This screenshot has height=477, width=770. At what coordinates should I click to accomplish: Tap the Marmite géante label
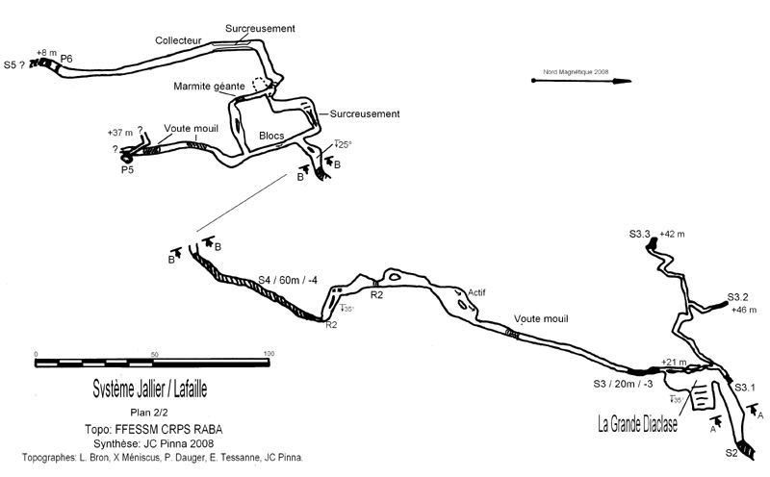click(x=209, y=86)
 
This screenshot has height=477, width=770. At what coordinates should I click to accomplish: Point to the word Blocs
click(x=271, y=136)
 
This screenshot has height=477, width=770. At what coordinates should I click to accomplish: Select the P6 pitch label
click(x=66, y=60)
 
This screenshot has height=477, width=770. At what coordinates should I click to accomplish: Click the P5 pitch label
click(x=127, y=170)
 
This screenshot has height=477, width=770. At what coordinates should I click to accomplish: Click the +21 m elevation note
click(x=675, y=362)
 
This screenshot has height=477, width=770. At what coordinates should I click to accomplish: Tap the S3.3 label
click(x=640, y=234)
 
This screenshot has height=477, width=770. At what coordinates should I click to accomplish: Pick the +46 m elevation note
click(x=745, y=310)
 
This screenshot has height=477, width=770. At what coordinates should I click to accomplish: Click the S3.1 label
click(x=746, y=388)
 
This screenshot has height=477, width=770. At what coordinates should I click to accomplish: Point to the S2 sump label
click(x=731, y=452)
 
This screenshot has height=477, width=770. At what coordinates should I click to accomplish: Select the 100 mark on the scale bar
click(x=269, y=353)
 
